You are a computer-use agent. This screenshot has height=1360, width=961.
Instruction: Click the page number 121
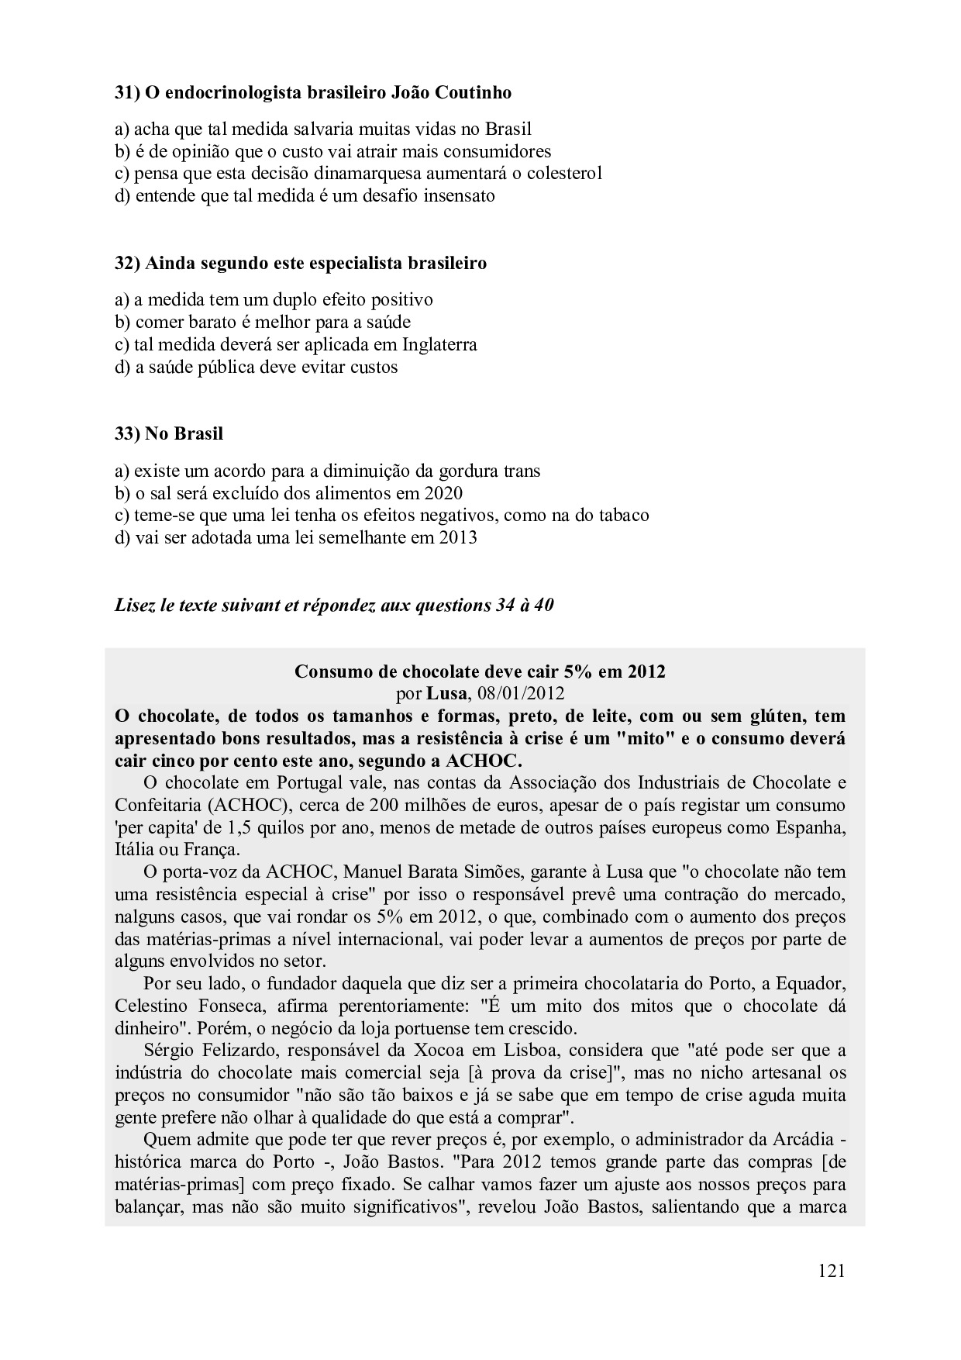830,1271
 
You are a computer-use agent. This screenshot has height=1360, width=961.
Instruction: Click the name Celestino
150,1006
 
